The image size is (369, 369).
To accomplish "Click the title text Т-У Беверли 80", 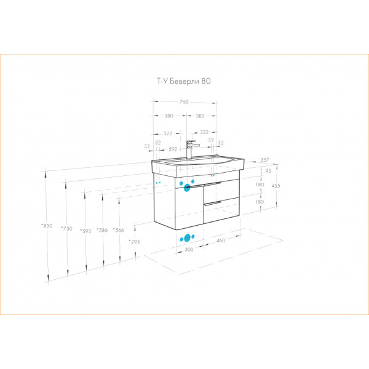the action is tap(184, 81).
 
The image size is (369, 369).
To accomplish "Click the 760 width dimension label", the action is tap(184, 102).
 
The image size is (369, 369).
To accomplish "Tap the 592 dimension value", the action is tap(173, 149).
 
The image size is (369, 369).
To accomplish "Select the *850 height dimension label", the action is tap(47, 226).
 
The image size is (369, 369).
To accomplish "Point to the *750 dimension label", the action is tap(66, 229).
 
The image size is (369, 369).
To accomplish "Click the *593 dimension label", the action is tap(85, 231).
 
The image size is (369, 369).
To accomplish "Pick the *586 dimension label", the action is tap(102, 230).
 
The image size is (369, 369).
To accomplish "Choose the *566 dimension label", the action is tap(118, 230).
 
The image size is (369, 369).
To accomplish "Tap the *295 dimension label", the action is tap(134, 242).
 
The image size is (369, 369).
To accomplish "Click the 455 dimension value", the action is tap(276, 186).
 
